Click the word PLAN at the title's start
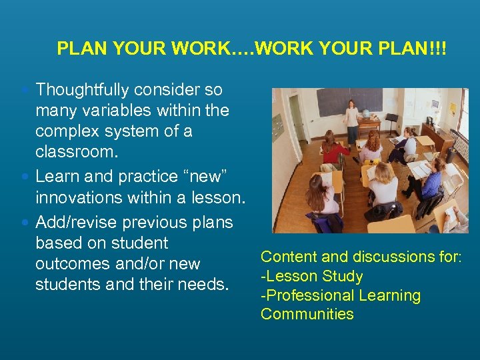[77, 49]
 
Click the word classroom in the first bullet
[75, 151]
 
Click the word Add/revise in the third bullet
[75, 222]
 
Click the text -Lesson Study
[311, 276]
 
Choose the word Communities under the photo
[307, 314]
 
